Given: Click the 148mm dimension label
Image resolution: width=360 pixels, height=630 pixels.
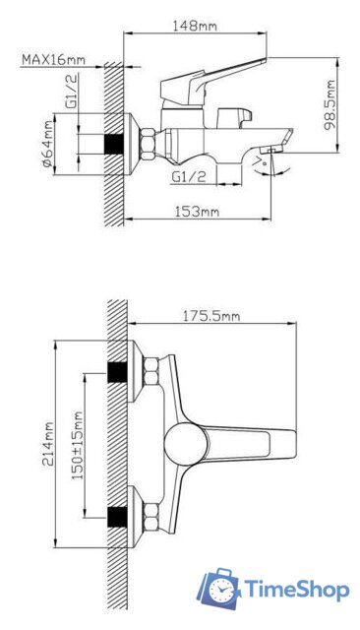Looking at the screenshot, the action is (195, 27).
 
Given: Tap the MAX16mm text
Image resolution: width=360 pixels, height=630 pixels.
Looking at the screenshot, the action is (53, 59).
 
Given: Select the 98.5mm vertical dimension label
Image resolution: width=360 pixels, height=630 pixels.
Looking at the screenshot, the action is (330, 105).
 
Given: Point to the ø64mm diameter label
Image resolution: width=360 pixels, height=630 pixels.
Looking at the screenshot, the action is (48, 145).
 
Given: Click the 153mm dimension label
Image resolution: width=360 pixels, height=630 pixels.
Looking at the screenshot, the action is (197, 212).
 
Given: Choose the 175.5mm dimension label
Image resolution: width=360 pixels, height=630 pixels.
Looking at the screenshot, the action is (211, 316).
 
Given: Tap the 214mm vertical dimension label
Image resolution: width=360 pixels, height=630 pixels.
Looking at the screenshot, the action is (48, 443).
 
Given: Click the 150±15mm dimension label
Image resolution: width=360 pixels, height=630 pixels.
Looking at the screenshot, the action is (78, 445).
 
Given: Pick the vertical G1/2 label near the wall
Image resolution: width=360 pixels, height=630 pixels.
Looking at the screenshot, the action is (72, 91).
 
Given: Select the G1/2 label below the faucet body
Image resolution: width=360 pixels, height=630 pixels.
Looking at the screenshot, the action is (189, 176).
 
